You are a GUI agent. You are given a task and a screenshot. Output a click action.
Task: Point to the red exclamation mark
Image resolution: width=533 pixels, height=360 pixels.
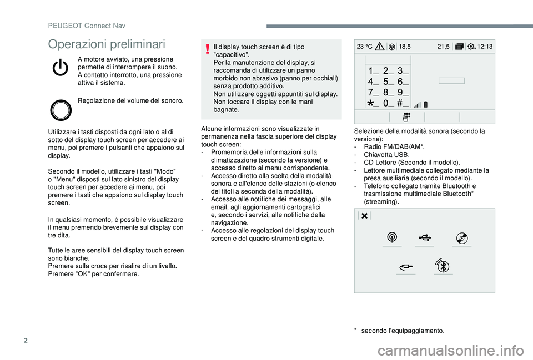coord(207,52)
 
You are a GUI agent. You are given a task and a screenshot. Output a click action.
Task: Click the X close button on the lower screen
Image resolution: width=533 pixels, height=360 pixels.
coord(364,216)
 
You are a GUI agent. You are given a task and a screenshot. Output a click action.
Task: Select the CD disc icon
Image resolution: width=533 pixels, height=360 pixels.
coord(462,237)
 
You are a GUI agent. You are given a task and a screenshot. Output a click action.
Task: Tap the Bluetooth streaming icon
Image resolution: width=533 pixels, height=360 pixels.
coord(443,266)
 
